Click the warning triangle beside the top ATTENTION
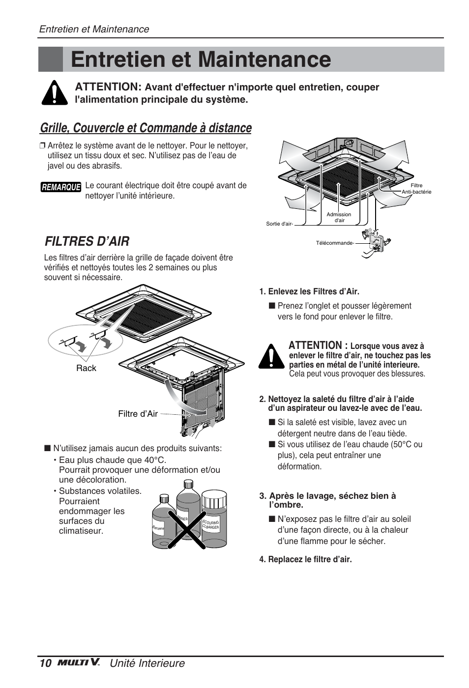(x=55, y=92)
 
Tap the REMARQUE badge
(x=60, y=187)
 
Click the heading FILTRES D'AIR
(x=87, y=241)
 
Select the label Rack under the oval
(x=86, y=368)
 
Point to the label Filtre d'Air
(x=138, y=414)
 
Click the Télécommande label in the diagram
(x=335, y=243)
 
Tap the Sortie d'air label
(x=279, y=224)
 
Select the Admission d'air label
(x=339, y=217)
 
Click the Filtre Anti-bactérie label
(x=416, y=189)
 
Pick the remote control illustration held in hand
(x=376, y=241)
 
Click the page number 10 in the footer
(x=45, y=663)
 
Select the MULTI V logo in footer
(x=79, y=662)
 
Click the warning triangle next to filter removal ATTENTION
(x=271, y=357)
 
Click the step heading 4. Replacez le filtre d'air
(x=305, y=559)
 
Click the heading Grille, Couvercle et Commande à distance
(x=146, y=128)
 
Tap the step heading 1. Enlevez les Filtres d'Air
(x=309, y=291)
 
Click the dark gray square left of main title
(x=51, y=59)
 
